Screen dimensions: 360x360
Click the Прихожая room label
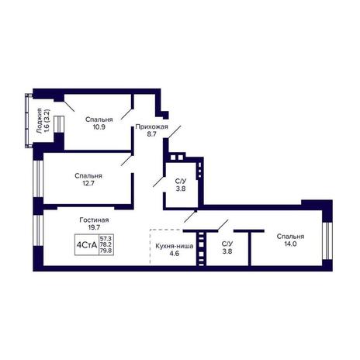point(151,127)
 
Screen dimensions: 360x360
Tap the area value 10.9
point(99,127)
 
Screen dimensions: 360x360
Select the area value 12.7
point(88,183)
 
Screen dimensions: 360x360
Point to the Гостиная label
point(94,220)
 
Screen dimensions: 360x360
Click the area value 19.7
point(94,227)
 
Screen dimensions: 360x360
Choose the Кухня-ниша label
point(175,246)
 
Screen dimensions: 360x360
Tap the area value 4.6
point(175,254)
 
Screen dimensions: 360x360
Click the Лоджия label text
point(40,121)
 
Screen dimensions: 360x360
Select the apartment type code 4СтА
point(87,244)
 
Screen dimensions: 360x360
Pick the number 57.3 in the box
point(106,238)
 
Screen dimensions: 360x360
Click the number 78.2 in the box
point(106,244)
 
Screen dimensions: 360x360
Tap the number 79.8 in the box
point(106,251)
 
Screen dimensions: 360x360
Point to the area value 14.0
point(290,244)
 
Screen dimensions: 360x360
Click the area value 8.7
point(151,134)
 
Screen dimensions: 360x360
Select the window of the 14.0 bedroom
point(327,241)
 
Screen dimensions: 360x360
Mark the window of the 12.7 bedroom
point(38,179)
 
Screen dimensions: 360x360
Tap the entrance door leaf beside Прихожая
point(174,132)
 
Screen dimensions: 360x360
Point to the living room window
point(38,230)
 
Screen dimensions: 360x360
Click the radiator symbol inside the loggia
point(59,124)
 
